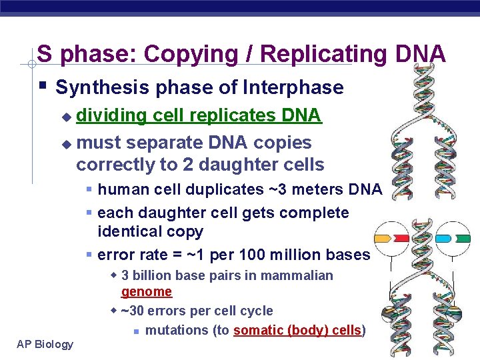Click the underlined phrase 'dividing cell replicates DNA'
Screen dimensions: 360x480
pos(199,116)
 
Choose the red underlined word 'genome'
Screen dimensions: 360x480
pos(146,292)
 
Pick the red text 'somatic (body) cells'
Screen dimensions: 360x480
pos(298,330)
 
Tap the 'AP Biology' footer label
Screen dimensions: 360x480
pos(45,344)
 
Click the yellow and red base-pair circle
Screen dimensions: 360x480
pos(391,238)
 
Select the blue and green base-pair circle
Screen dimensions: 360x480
pos(452,238)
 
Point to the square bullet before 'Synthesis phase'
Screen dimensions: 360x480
pos(42,86)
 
